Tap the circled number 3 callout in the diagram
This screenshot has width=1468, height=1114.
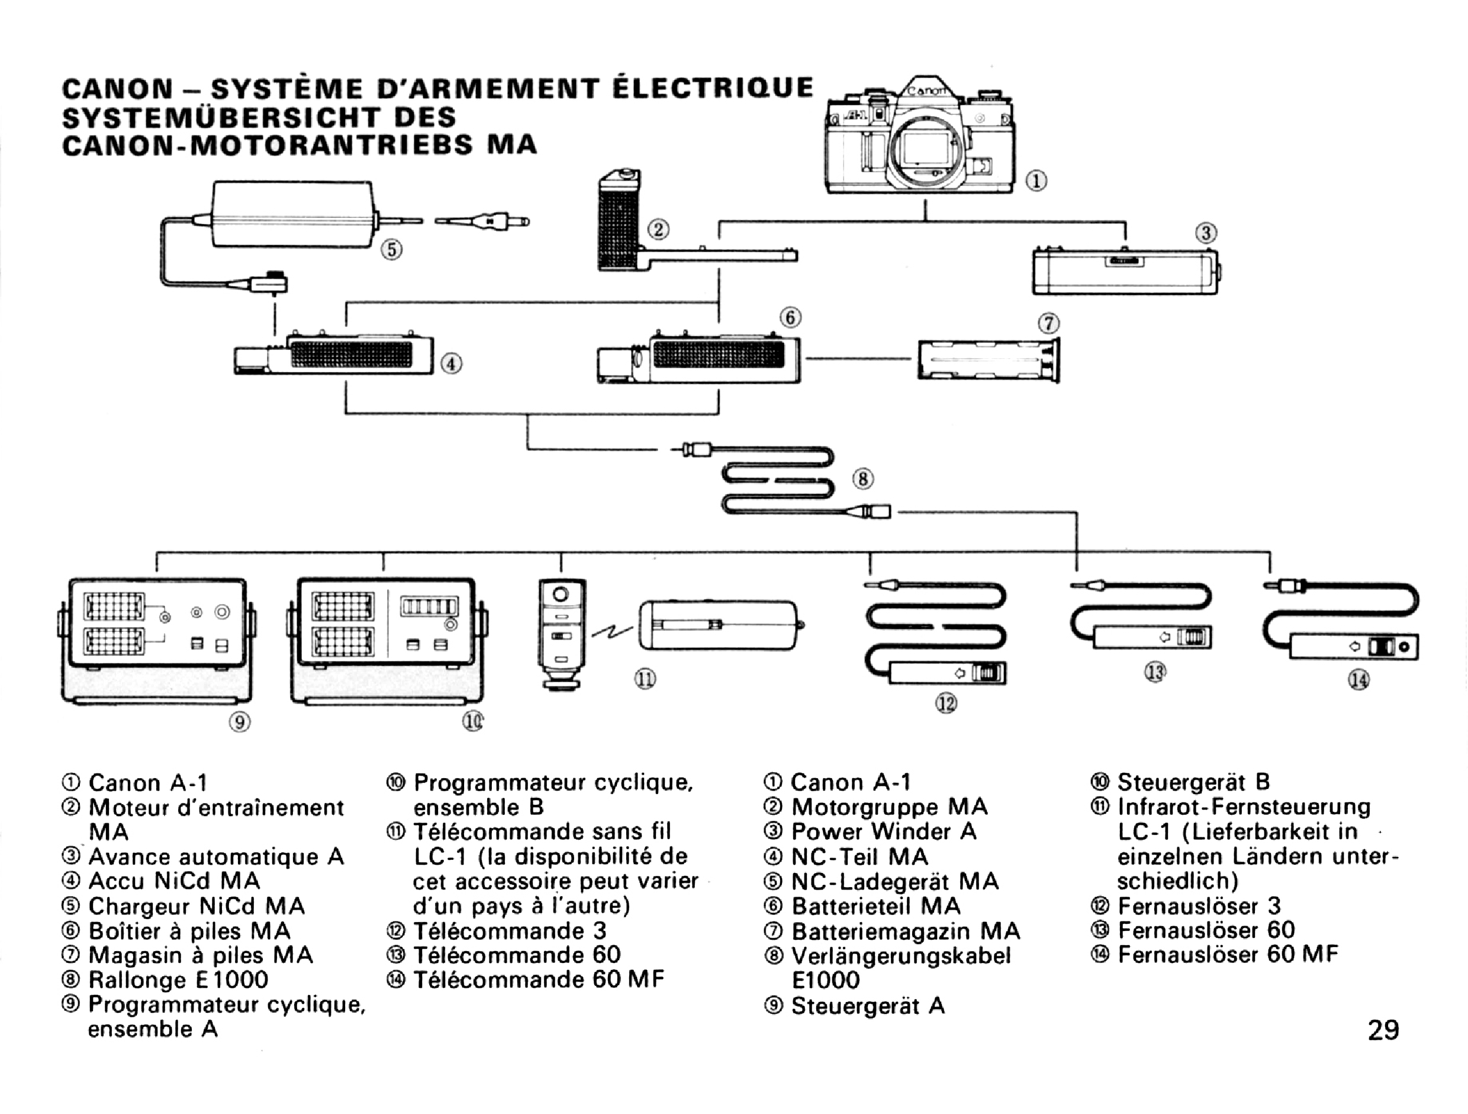pyautogui.click(x=1206, y=233)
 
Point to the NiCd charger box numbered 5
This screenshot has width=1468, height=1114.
pyautogui.click(x=292, y=214)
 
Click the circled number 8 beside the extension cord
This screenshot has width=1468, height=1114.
pyautogui.click(x=863, y=479)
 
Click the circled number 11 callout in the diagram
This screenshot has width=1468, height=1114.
pyautogui.click(x=645, y=679)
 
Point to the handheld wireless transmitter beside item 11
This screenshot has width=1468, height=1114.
pyautogui.click(x=561, y=634)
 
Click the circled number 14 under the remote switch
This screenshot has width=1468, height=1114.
pyautogui.click(x=1358, y=680)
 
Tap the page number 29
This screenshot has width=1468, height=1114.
pyautogui.click(x=1383, y=1030)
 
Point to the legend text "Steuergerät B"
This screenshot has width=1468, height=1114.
pyautogui.click(x=1193, y=782)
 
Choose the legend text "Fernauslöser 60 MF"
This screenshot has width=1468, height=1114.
pyautogui.click(x=1228, y=955)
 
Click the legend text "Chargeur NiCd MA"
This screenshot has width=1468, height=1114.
pyautogui.click(x=197, y=906)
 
